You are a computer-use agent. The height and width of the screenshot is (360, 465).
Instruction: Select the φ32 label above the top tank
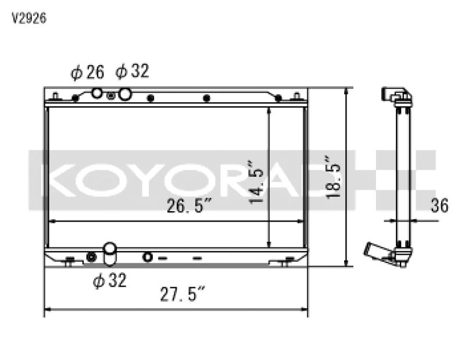coord(132,72)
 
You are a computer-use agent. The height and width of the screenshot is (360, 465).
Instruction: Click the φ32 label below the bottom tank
coord(109,281)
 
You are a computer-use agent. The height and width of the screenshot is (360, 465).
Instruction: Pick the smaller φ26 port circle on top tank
coord(97,93)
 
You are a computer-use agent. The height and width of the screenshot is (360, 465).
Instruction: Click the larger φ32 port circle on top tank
coord(124,94)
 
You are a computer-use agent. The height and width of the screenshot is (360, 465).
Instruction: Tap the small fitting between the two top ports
coord(111,95)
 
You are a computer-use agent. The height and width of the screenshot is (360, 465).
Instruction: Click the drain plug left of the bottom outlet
coord(91,257)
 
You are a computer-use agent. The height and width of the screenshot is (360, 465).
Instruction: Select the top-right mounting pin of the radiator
coord(298,95)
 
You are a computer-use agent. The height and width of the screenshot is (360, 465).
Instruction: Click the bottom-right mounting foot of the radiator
coord(285,263)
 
